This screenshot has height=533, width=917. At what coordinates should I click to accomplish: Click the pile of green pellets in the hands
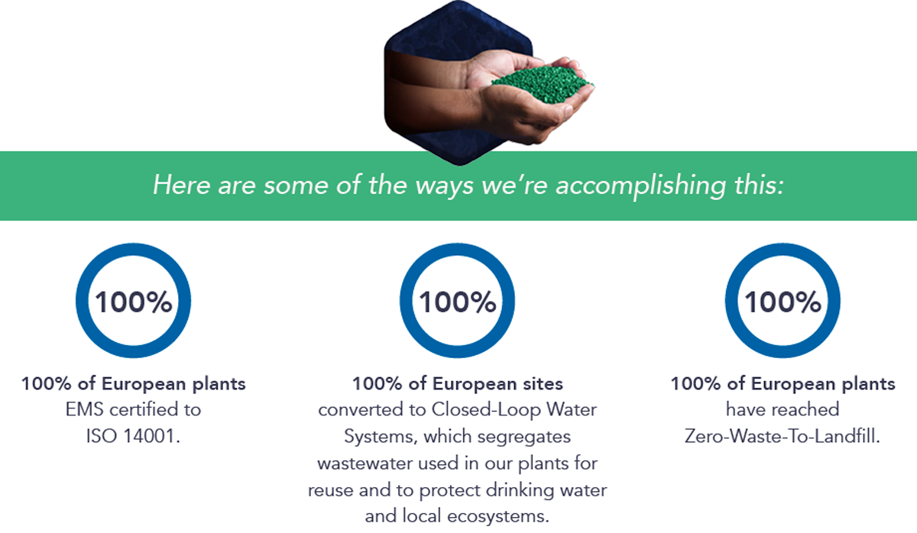coord(543,83)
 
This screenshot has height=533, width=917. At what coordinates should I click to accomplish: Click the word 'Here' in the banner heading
coord(181,185)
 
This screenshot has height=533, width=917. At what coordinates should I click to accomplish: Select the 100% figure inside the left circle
coord(134,302)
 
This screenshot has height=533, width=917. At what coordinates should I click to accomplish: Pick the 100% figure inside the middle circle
coord(457,302)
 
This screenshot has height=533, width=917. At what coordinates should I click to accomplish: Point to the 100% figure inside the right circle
coord(783,302)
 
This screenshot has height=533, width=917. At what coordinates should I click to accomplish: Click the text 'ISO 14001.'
coord(134,436)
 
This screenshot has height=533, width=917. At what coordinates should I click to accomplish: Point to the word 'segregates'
coord(524,437)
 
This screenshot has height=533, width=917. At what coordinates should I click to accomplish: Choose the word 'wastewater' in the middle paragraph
coord(365,464)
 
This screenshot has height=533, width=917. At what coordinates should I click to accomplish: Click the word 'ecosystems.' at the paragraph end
coord(498,516)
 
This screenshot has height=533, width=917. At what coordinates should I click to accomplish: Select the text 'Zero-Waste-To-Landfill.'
coord(783,436)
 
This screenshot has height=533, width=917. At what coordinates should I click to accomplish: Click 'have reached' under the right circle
coord(783,409)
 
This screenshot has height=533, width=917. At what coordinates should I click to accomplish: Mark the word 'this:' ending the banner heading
coord(759,185)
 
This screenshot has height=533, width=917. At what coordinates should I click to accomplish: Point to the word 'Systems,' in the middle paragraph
coord(381,437)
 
